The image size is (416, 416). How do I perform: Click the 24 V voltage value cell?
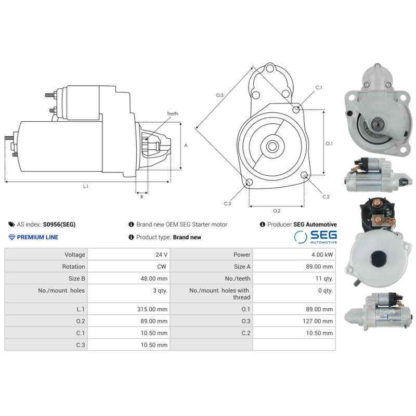[x=162, y=255]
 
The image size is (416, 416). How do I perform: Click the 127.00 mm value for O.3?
[x=318, y=321]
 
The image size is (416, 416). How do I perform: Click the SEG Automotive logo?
[x=316, y=237]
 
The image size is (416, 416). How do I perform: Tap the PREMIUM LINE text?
[x=37, y=237]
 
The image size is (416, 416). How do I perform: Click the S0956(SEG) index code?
[x=59, y=225]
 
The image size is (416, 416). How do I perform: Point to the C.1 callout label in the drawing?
[x=318, y=88]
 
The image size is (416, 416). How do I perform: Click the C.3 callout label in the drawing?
[x=227, y=203]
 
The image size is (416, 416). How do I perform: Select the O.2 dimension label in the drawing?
[x=277, y=211]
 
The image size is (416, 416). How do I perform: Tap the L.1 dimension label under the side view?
[x=86, y=186]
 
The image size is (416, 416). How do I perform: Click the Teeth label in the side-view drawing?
[x=172, y=113]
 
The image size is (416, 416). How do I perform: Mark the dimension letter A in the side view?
[x=186, y=146]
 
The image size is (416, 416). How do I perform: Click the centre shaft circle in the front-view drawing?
[x=272, y=146]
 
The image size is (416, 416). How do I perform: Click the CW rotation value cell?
[x=162, y=267]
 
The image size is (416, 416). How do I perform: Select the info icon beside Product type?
[x=132, y=237]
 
